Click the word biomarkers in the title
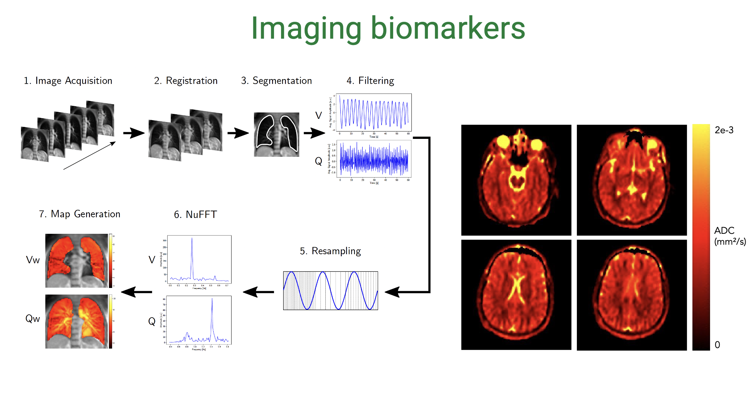pos(448,29)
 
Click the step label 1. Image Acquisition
pos(68,81)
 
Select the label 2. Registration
pos(186,81)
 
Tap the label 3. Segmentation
pos(277,81)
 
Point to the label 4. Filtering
pos(370,81)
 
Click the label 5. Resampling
pos(330,251)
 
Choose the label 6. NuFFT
pos(195,214)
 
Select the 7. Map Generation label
pos(80,214)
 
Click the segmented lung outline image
pos(277,134)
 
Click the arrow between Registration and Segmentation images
pos(238,133)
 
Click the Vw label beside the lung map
pos(33,260)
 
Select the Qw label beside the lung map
pos(33,319)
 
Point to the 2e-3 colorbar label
pos(724,130)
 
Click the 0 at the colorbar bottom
pos(717,345)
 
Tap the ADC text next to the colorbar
pos(724,231)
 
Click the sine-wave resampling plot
pos(330,291)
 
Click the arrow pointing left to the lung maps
pos(136,292)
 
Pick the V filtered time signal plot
pos(373,113)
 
